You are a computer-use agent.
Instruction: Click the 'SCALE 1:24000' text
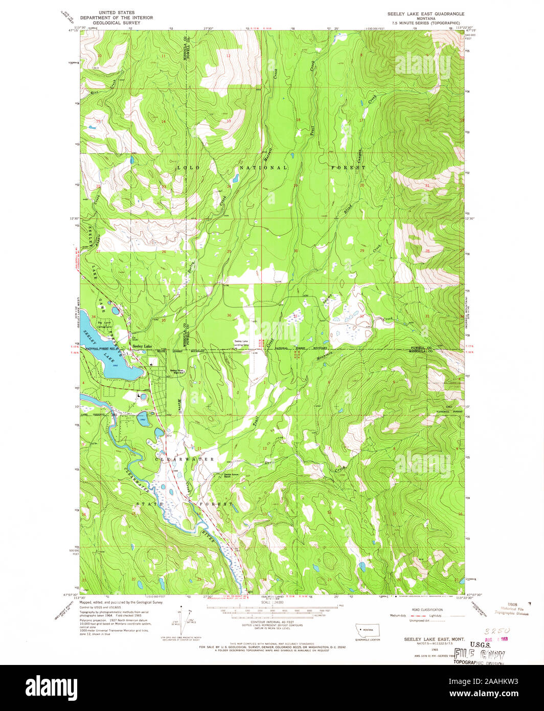tap(271, 603)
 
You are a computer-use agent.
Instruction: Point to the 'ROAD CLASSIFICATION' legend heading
tap(427, 610)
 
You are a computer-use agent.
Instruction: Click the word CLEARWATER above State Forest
tap(184, 459)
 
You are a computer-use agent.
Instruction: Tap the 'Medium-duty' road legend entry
tap(397, 616)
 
